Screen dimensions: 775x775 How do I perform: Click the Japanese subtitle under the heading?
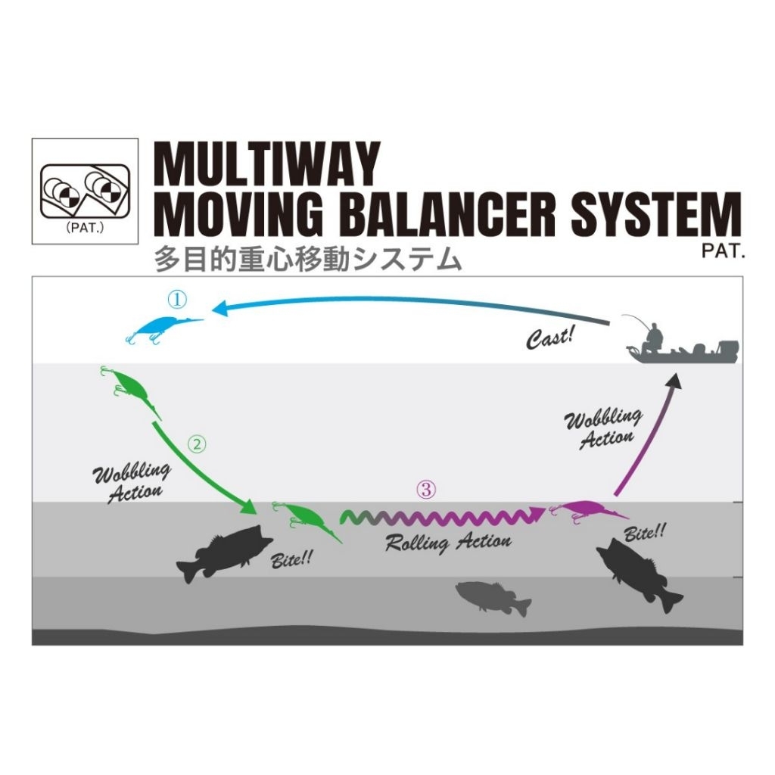click(307, 260)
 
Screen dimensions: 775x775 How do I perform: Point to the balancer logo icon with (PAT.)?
click(85, 191)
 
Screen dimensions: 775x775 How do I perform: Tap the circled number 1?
click(176, 300)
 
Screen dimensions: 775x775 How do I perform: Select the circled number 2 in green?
click(197, 444)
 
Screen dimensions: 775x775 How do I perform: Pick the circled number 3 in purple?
click(427, 490)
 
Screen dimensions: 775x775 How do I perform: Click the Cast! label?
click(551, 337)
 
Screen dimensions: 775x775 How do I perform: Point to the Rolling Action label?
click(448, 542)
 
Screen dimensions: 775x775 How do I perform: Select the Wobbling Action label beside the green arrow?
click(131, 482)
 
